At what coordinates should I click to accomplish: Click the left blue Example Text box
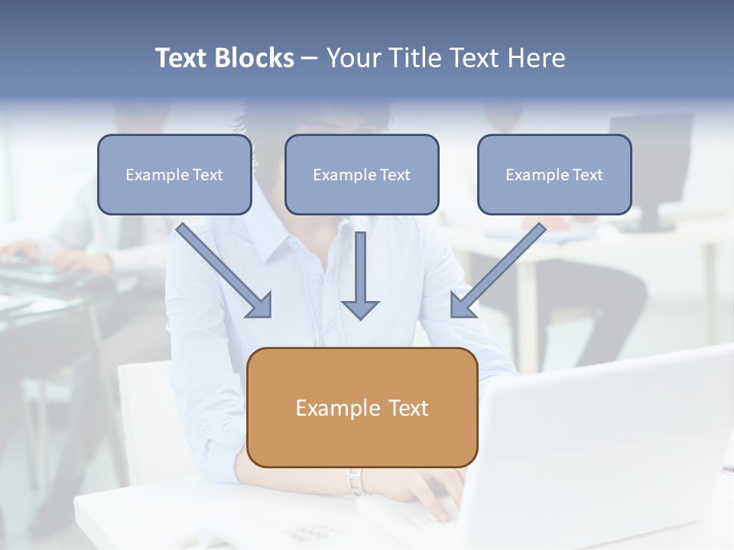tap(174, 174)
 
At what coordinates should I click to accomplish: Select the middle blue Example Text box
tap(362, 174)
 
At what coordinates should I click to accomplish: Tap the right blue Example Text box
tap(554, 174)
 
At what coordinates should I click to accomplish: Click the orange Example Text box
tap(362, 407)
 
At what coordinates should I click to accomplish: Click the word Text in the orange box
tap(408, 408)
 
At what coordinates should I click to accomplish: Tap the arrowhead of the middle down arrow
tap(360, 309)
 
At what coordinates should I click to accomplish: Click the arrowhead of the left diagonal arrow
tap(261, 306)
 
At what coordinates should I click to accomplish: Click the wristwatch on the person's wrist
tap(355, 481)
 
